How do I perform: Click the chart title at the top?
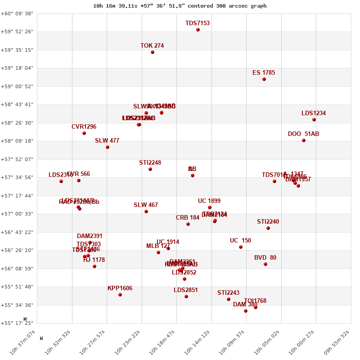(x=180, y=6)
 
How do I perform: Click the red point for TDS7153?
(x=198, y=30)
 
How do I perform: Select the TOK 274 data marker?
(x=153, y=52)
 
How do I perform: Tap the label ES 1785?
(x=264, y=72)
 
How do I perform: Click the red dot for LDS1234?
(x=314, y=120)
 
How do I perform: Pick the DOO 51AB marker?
(x=304, y=140)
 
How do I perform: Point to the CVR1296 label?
(x=84, y=127)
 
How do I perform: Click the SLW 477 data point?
(x=108, y=147)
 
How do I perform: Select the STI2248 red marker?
(x=150, y=169)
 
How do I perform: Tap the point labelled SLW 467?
(x=146, y=211)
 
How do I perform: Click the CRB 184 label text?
(x=188, y=218)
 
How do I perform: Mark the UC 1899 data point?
(x=210, y=207)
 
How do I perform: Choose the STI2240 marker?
(x=268, y=228)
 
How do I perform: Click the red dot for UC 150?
(x=241, y=247)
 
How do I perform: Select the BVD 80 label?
(x=265, y=258)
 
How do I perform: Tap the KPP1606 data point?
(x=120, y=295)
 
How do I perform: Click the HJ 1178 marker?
(x=94, y=266)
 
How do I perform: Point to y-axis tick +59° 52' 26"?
(x=17, y=31)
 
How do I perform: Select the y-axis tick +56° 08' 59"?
(x=17, y=269)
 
